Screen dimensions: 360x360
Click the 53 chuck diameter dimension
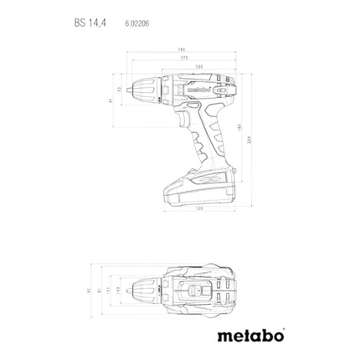click(119, 89)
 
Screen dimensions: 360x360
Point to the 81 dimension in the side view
click(110, 101)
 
